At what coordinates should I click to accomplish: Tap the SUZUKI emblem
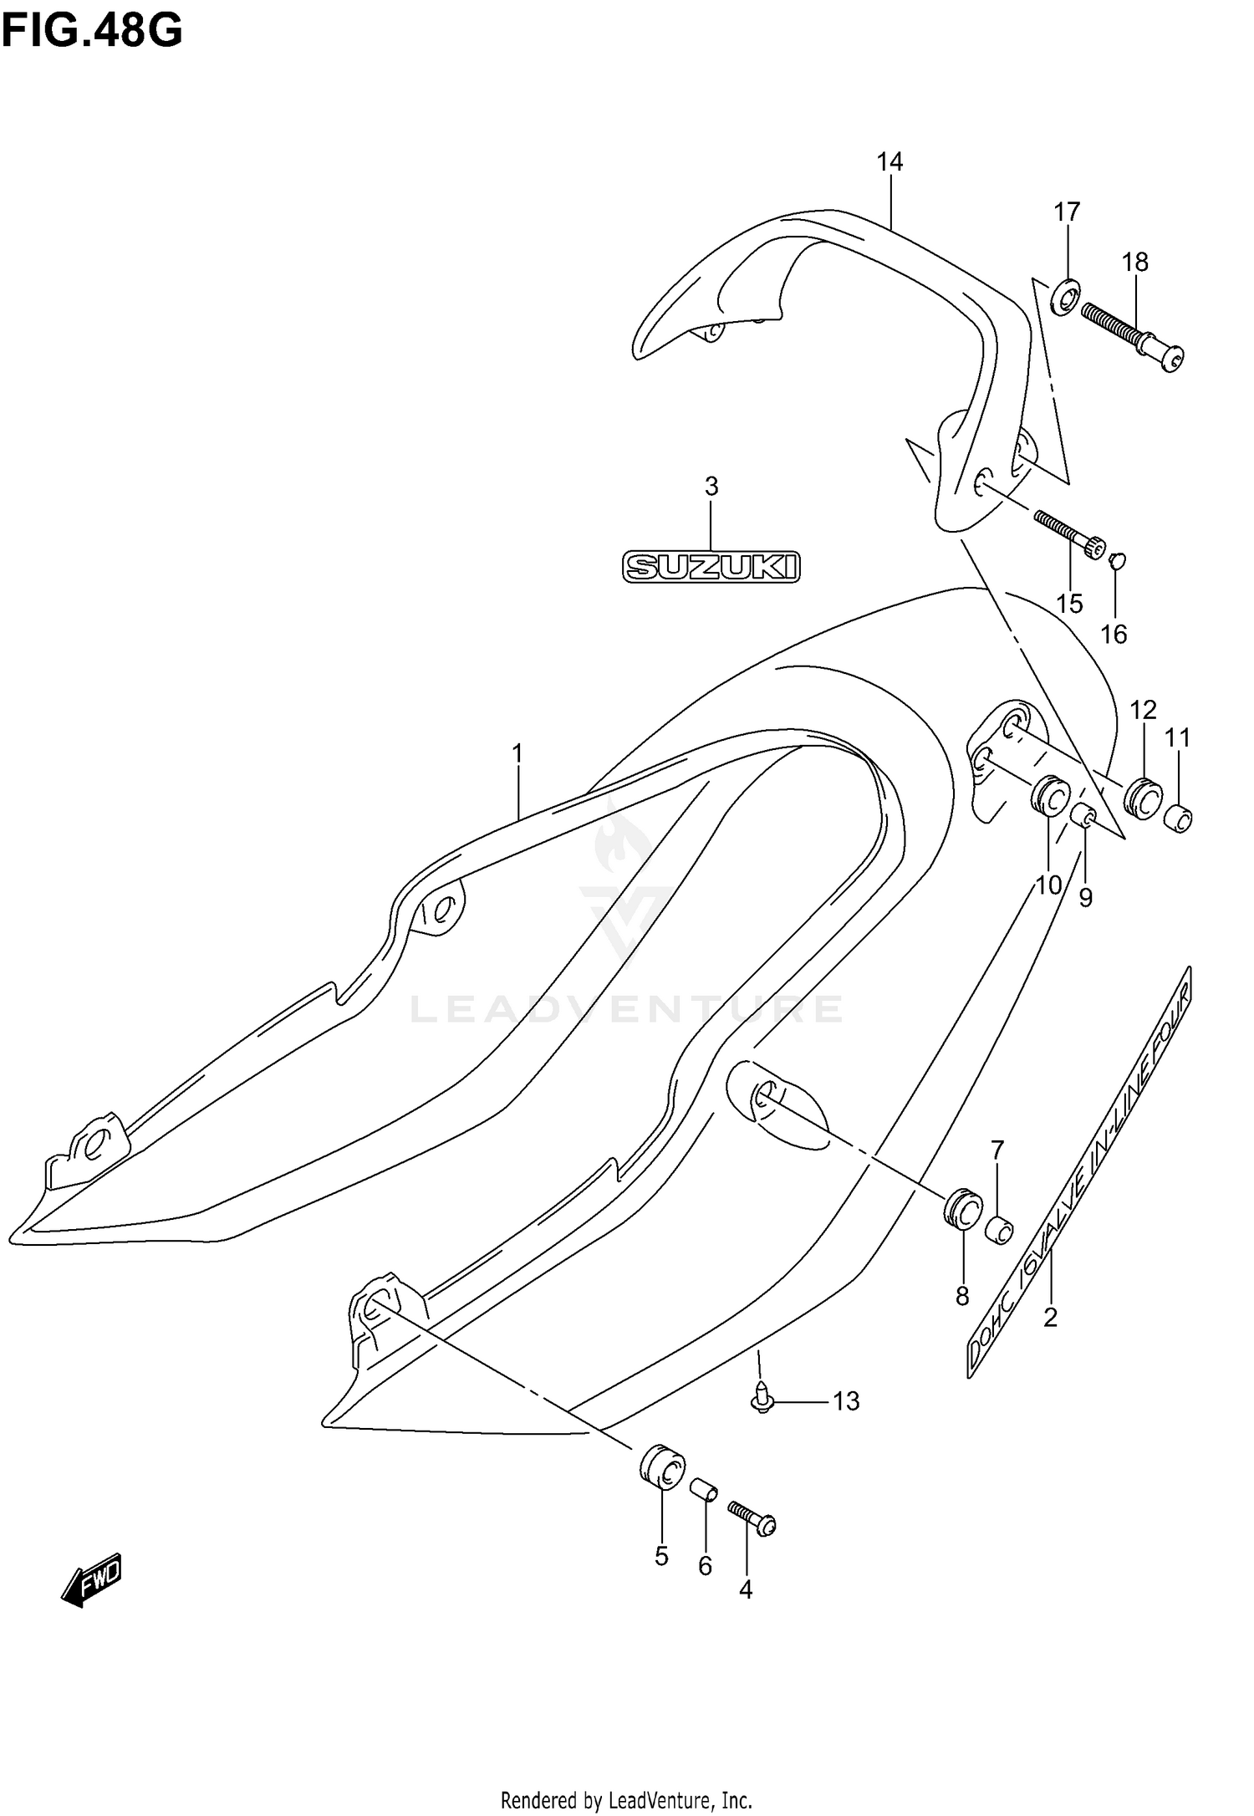pos(711,567)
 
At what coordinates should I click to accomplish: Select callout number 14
pos(890,161)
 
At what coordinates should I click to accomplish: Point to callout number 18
pos(1134,262)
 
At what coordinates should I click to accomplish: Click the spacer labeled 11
pos(1179,818)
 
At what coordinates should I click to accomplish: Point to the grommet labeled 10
pos(1049,794)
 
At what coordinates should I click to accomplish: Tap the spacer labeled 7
pos(999,1230)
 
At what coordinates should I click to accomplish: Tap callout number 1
pos(517,754)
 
